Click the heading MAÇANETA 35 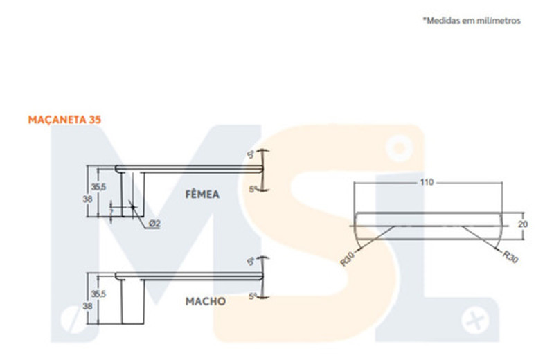pyautogui.click(x=65, y=120)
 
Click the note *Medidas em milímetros pyautogui.click(x=471, y=21)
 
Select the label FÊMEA pyautogui.click(x=202, y=195)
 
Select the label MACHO pyautogui.click(x=205, y=302)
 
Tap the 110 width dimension pyautogui.click(x=426, y=183)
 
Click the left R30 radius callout pyautogui.click(x=348, y=260)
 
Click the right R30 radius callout pyautogui.click(x=510, y=257)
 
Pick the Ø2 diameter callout pyautogui.click(x=154, y=224)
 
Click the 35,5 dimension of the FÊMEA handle pyautogui.click(x=98, y=187)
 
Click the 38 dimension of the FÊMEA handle pyautogui.click(x=87, y=198)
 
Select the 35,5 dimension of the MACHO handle pyautogui.click(x=98, y=294)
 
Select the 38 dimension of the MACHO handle pyautogui.click(x=87, y=305)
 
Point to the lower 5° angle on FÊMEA pyautogui.click(x=253, y=188)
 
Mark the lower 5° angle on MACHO pyautogui.click(x=253, y=296)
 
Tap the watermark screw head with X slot pyautogui.click(x=475, y=321)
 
